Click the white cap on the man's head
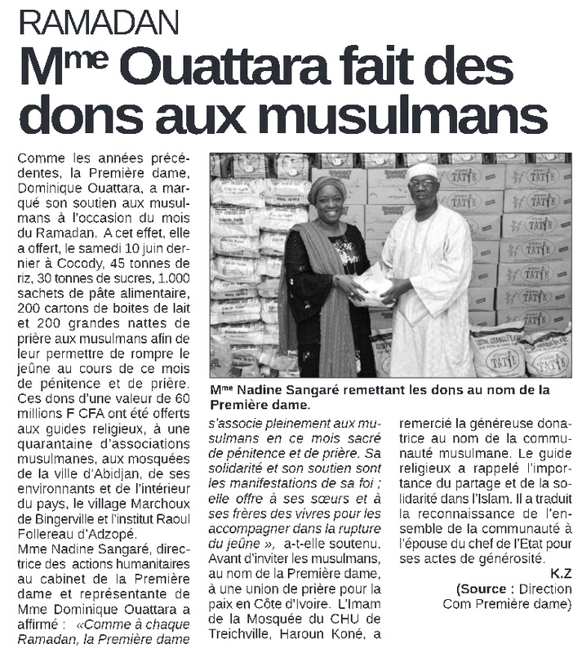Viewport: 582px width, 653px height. pyautogui.click(x=422, y=170)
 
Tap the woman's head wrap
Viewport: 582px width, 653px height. pyautogui.click(x=327, y=186)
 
